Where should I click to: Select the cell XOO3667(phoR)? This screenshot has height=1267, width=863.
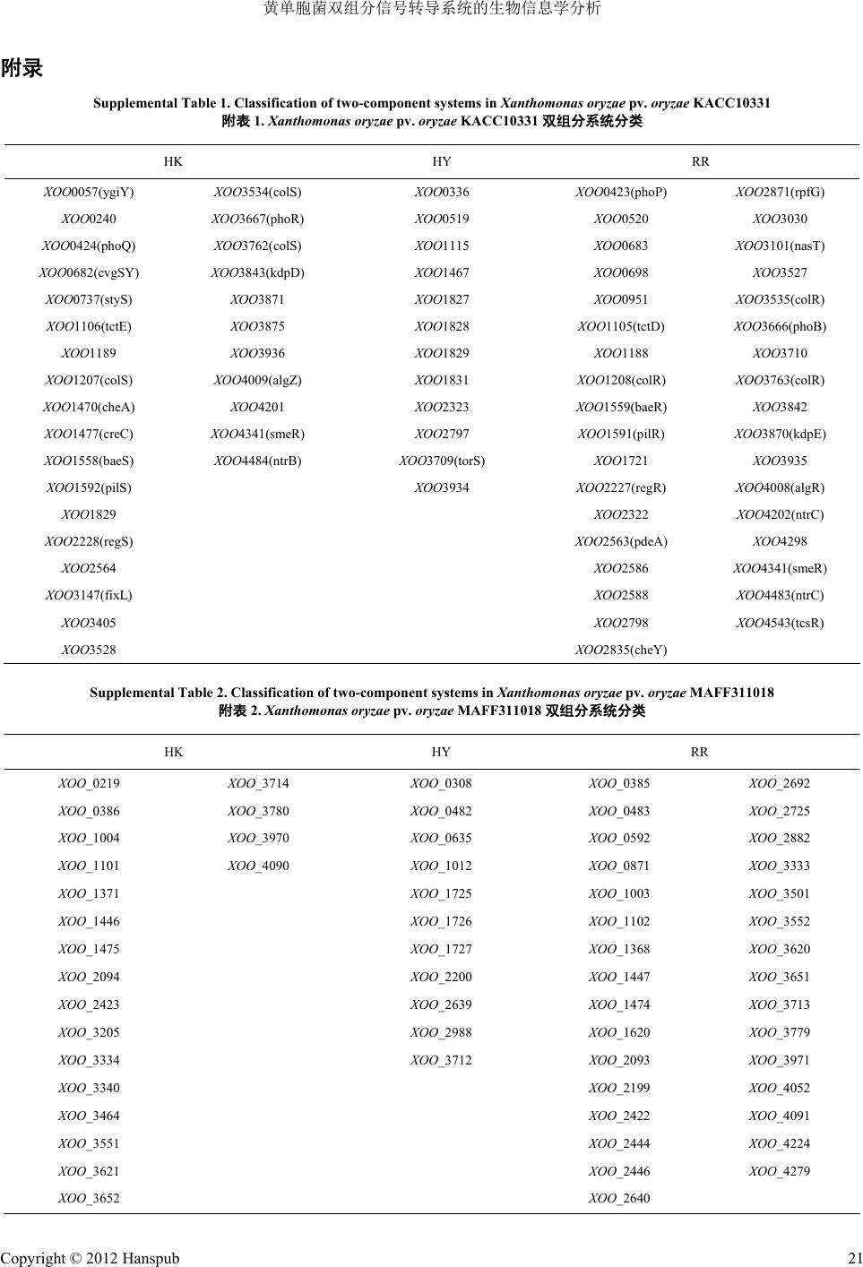(257, 219)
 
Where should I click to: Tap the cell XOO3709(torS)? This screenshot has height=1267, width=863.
(441, 461)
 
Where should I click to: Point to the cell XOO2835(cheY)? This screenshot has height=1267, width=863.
(620, 650)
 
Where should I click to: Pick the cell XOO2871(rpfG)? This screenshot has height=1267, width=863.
(780, 192)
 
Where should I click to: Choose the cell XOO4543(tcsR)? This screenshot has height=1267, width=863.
(780, 623)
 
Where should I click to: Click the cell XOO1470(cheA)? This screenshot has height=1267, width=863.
(89, 407)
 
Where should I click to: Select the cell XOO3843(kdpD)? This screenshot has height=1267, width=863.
(257, 272)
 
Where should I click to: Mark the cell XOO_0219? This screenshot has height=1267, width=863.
(89, 783)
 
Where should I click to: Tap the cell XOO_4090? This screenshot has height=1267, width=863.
(258, 866)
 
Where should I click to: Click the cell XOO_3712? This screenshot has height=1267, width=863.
(441, 1060)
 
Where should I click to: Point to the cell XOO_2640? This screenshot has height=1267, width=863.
(619, 1198)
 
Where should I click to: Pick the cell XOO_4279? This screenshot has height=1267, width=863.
(779, 1171)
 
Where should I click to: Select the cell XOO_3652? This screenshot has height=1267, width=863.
(89, 1198)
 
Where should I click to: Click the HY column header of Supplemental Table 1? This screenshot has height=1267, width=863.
(441, 162)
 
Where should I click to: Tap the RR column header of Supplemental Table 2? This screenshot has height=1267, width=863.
(700, 753)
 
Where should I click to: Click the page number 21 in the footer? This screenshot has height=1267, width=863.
(853, 1258)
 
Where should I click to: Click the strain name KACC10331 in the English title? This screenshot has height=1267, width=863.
(731, 103)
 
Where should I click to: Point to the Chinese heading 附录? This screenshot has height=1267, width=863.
(22, 68)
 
